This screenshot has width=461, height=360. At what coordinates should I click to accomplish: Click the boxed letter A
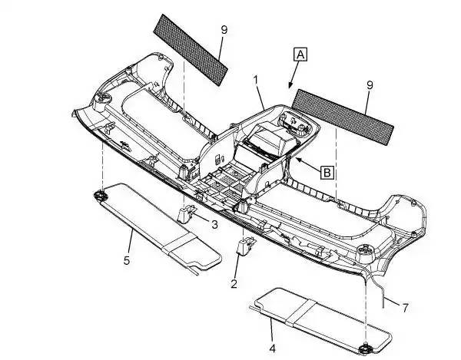[x=300, y=54]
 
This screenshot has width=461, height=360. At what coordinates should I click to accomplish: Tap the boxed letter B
[x=327, y=172]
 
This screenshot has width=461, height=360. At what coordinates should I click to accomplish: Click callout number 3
[x=214, y=225]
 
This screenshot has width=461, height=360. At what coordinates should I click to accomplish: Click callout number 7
[x=405, y=307]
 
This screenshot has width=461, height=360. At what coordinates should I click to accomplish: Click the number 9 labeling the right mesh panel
[x=370, y=84]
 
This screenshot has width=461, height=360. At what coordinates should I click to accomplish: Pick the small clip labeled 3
[x=189, y=214]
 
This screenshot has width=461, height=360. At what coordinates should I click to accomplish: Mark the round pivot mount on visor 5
[x=101, y=197]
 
